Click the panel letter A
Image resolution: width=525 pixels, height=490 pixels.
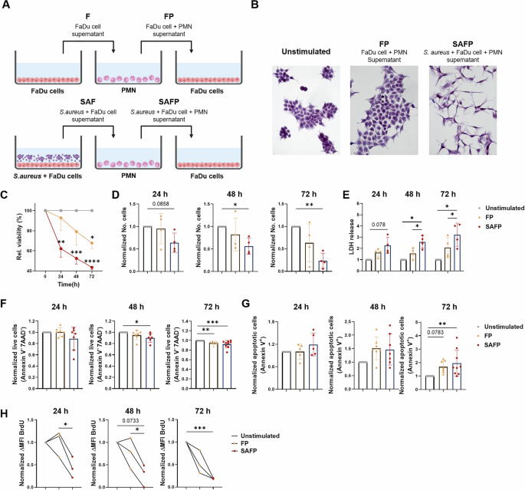[7, 6]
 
